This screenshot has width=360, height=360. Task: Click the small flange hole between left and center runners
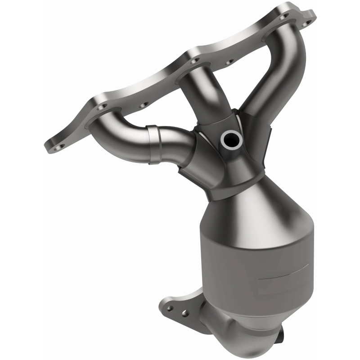144,105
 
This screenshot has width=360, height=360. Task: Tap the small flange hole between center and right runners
228,62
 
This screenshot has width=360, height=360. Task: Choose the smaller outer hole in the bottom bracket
170,309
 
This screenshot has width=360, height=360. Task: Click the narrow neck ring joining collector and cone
229,189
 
